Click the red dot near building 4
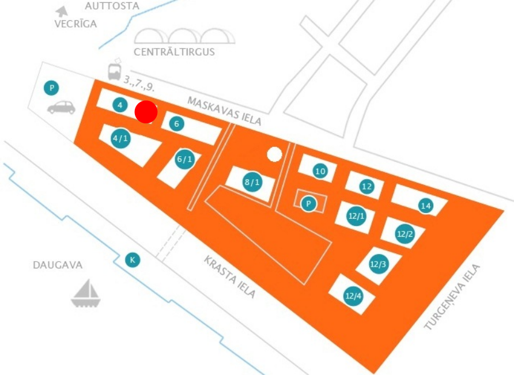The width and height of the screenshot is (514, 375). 146,112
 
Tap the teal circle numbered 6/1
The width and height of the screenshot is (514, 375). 184,160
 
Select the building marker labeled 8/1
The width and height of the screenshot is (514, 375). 252,182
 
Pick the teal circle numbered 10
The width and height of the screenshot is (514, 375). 320,171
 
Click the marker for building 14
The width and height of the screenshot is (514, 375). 426,206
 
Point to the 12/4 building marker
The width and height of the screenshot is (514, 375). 353,296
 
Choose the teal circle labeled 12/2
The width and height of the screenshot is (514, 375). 405,234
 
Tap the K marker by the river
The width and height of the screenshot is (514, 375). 133,260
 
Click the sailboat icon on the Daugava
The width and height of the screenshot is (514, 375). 85,293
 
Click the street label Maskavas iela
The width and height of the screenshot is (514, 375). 224,111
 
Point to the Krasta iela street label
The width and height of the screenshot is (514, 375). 229,277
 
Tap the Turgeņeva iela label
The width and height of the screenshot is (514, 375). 452,297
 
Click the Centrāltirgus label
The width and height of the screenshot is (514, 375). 174,52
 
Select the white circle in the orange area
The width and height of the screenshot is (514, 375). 274,154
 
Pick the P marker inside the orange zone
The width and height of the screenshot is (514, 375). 308,204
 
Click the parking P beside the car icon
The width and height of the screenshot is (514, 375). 51,88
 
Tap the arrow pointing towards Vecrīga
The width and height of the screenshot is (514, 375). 62,12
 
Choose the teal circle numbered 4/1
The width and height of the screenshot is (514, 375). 120,138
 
